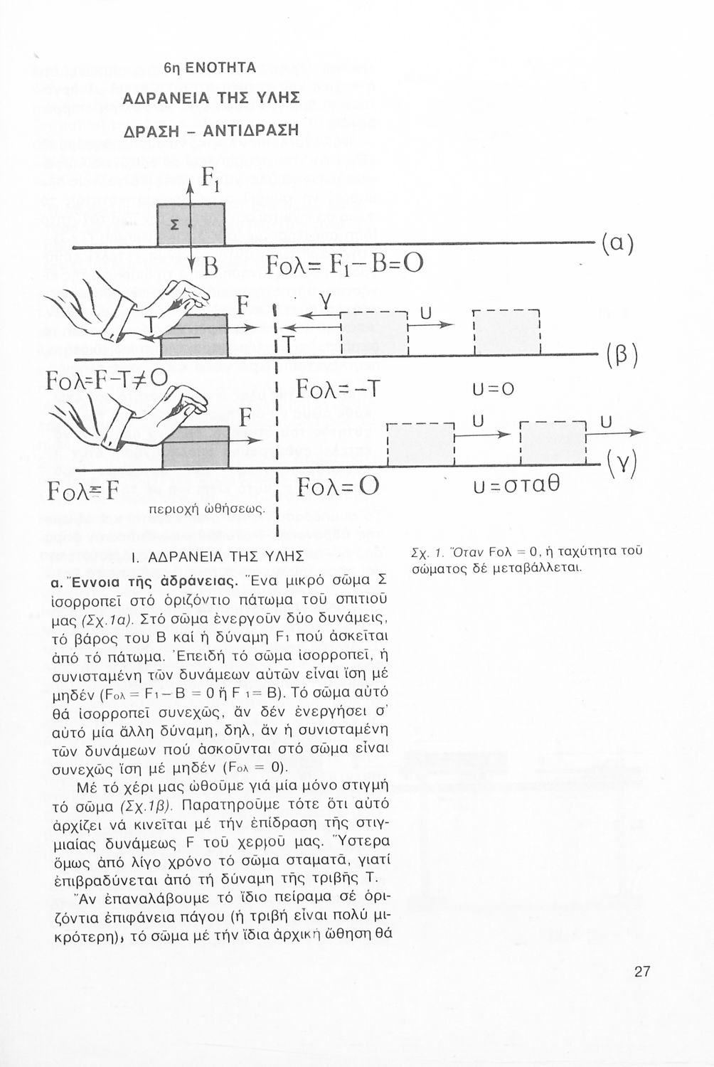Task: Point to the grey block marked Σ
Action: coord(191,224)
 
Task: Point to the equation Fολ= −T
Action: coord(339,390)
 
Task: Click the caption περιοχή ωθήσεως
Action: coord(206,509)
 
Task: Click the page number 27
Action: coord(641,972)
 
